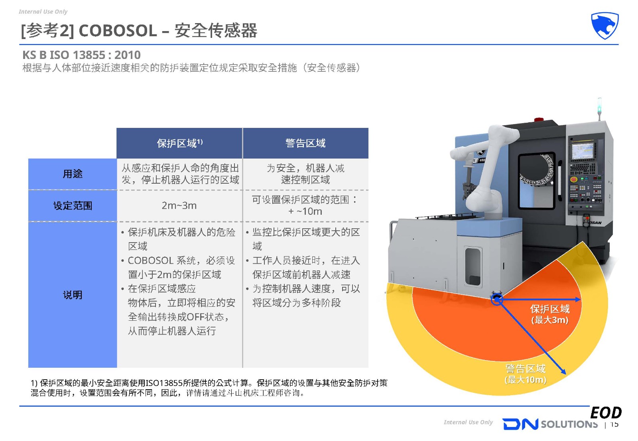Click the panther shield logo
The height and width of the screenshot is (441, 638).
pos(605,25)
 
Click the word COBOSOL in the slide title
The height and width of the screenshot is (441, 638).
pos(118,30)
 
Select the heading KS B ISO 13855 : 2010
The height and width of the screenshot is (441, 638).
pos(81,55)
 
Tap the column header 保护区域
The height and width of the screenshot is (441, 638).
pos(179,143)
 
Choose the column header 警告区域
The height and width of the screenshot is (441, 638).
pos(305,143)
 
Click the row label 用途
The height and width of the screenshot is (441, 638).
pos(73,174)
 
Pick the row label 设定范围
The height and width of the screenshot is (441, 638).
pos(73,206)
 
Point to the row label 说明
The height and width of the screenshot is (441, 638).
pos(73,295)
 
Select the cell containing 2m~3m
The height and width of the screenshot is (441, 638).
pos(179,206)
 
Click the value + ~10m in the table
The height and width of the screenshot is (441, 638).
pos(305,212)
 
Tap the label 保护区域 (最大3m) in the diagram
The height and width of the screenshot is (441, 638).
pos(550,314)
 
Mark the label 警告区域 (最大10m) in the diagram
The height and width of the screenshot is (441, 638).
pos(526,374)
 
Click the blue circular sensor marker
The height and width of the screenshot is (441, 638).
pos(497,300)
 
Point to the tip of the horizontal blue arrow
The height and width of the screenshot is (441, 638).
pos(581,299)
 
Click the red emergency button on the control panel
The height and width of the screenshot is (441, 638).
pos(573,180)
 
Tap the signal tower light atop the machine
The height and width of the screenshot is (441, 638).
pos(599,108)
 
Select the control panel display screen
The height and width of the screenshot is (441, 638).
pos(583,151)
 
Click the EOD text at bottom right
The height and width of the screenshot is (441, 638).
pos(606,413)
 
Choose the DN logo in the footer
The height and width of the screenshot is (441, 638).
pos(520,424)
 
